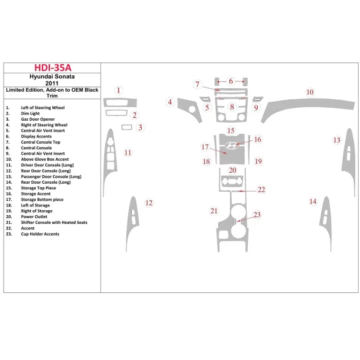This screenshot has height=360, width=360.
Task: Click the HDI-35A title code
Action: coord(52,68)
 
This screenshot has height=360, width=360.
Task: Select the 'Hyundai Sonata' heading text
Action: coord(52,77)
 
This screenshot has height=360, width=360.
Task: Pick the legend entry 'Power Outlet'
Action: coord(35,217)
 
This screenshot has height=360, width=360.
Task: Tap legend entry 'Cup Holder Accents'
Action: coord(40,234)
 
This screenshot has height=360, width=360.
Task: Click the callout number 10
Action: coord(310,92)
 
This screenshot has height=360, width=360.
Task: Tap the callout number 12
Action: coord(149,203)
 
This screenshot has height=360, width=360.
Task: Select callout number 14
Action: coord(313,202)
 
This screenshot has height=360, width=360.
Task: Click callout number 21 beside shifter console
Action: coord(214,211)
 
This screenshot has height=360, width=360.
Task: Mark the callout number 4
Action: coord(170,102)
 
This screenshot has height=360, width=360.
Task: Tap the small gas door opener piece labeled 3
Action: coord(128,128)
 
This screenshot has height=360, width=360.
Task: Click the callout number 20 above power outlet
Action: coord(232,170)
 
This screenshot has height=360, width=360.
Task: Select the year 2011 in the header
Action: coord(52,84)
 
